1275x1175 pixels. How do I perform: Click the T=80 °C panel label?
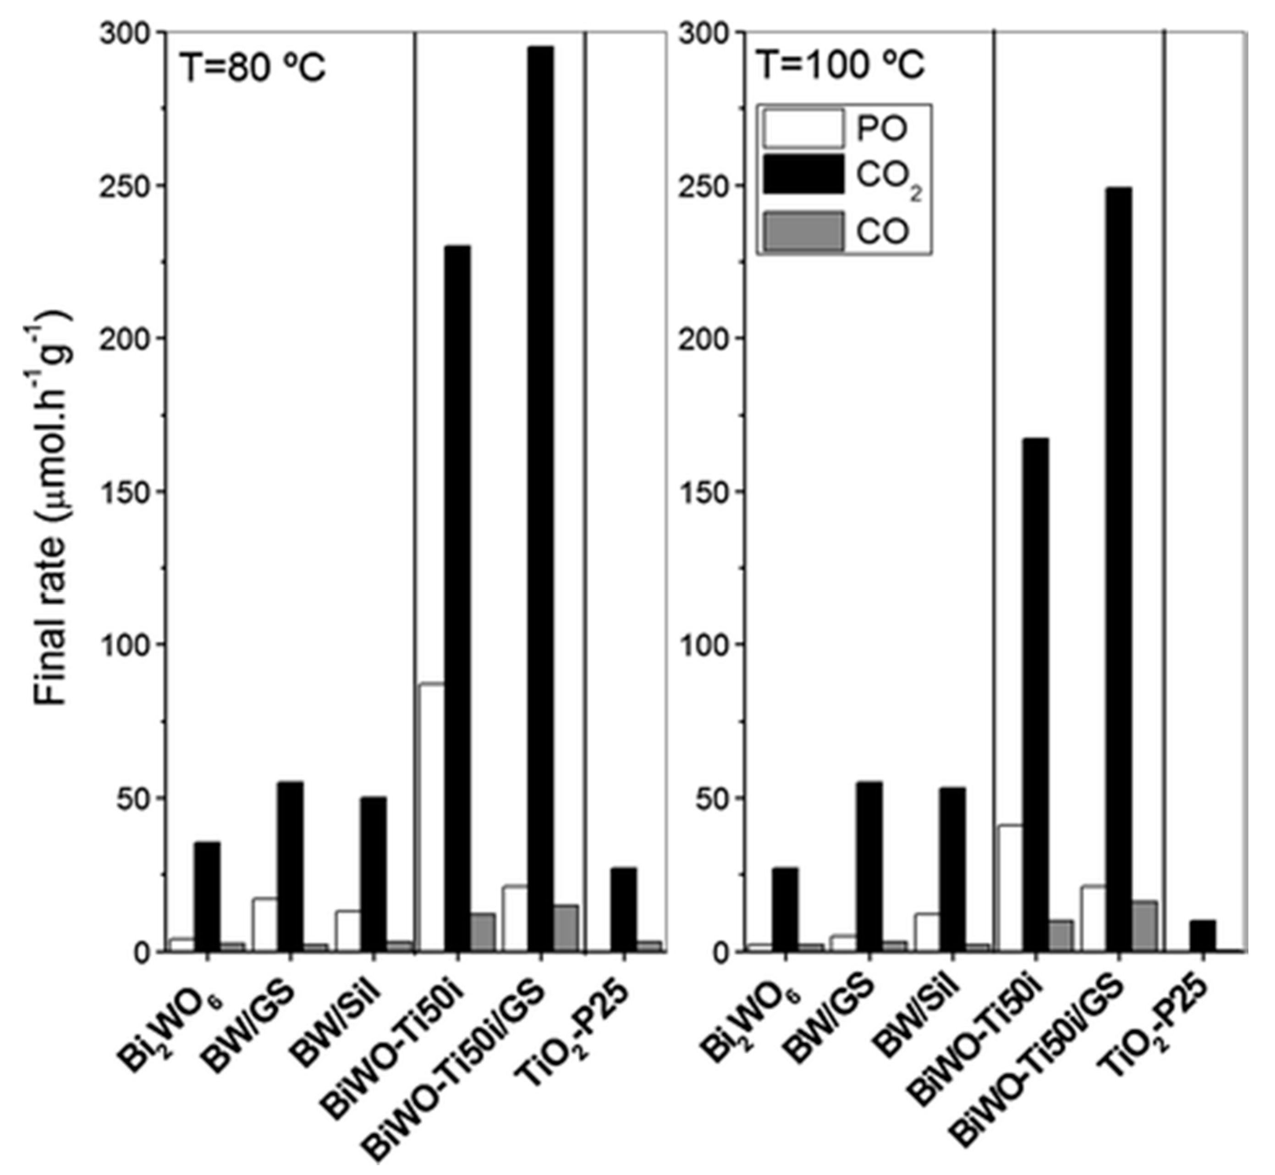[x=253, y=68]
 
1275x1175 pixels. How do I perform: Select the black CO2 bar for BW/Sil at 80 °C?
[x=374, y=874]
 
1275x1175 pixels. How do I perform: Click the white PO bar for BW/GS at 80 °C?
[x=265, y=925]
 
